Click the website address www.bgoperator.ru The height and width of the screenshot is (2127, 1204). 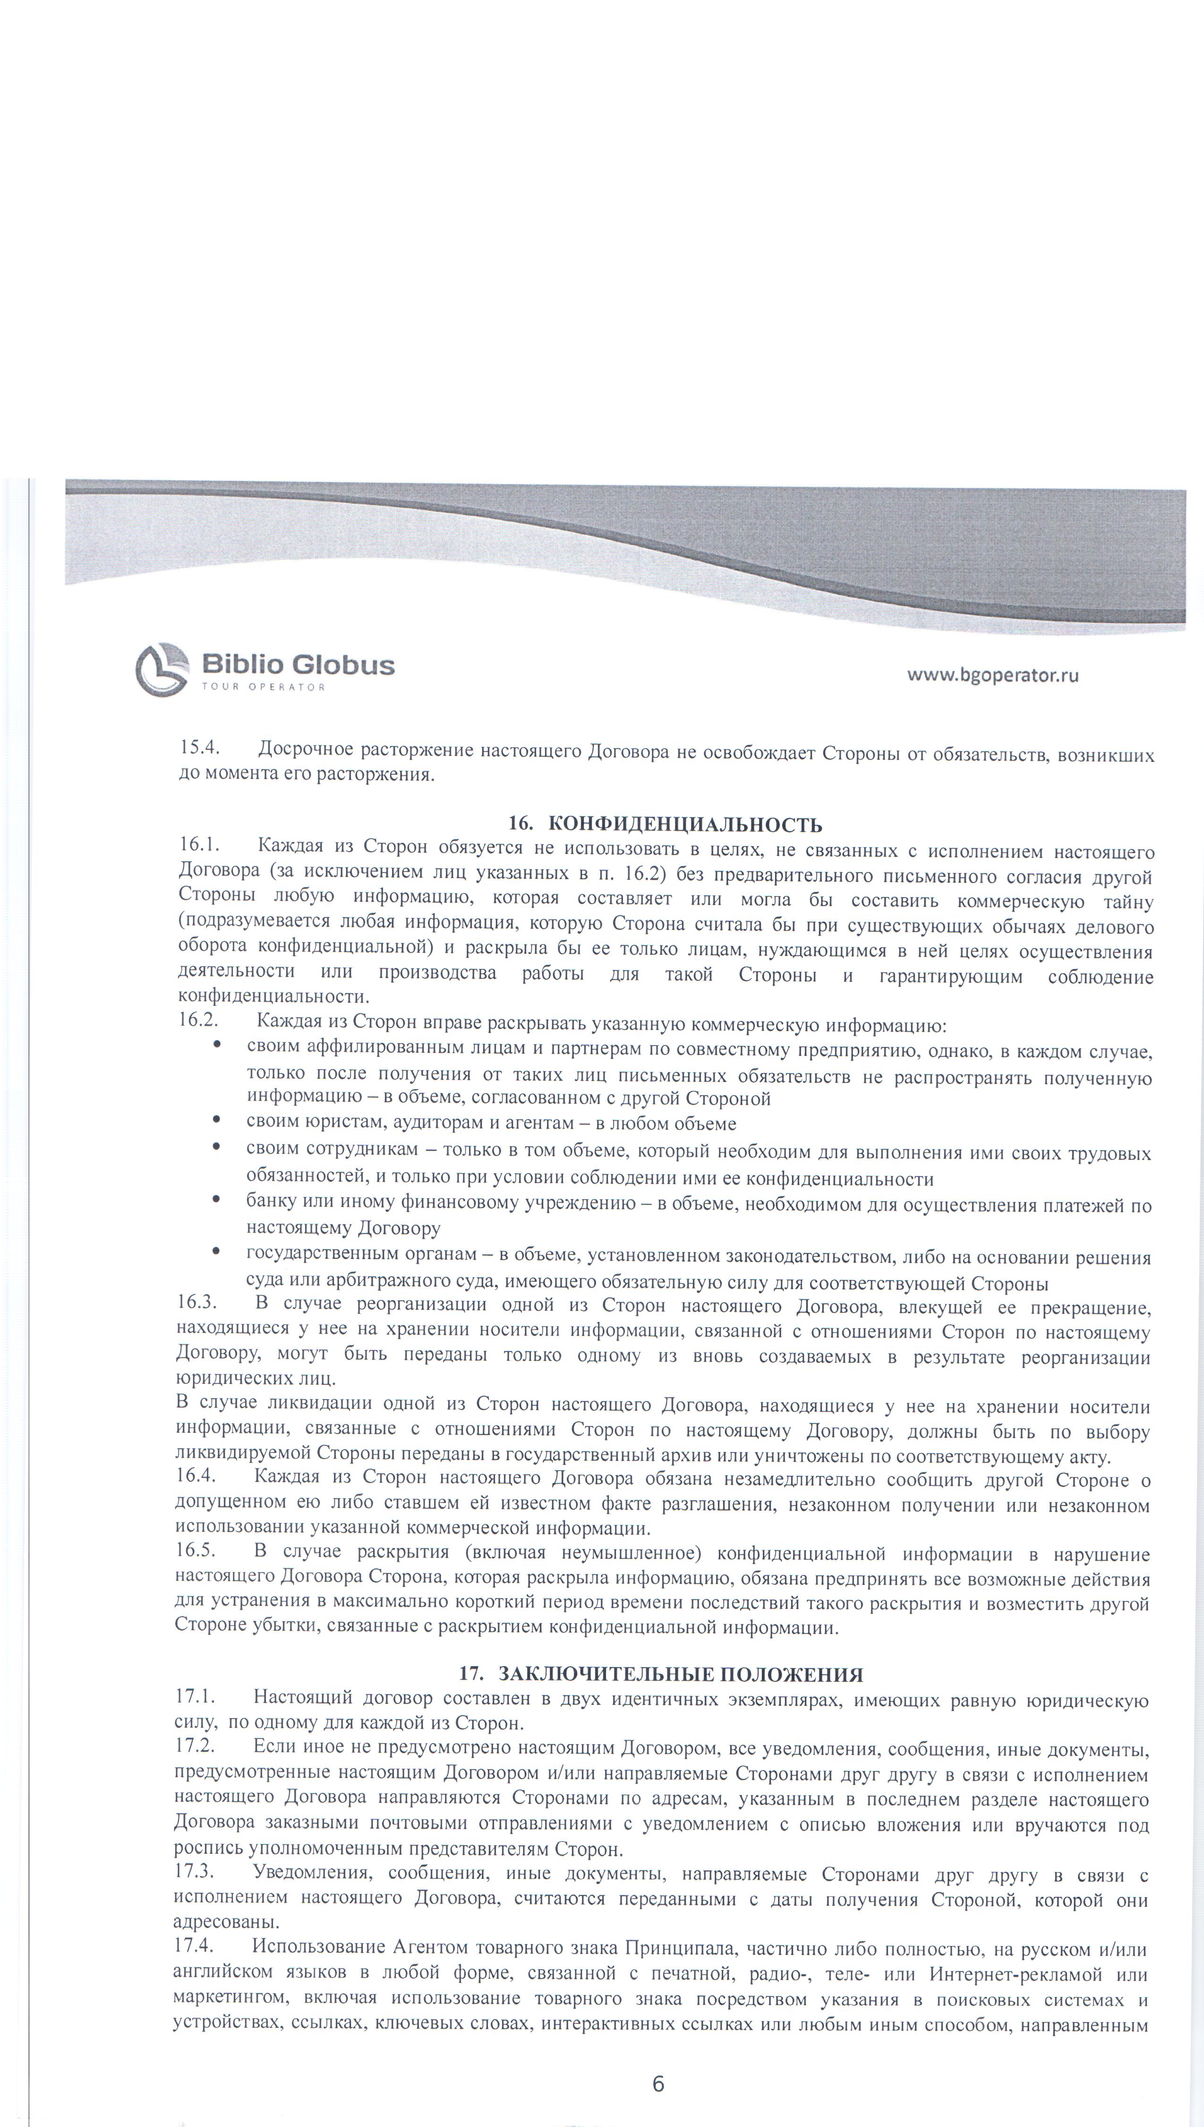tap(992, 674)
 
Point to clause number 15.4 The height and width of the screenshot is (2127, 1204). tap(198, 749)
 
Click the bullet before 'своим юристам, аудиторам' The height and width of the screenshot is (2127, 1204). tap(217, 1122)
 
